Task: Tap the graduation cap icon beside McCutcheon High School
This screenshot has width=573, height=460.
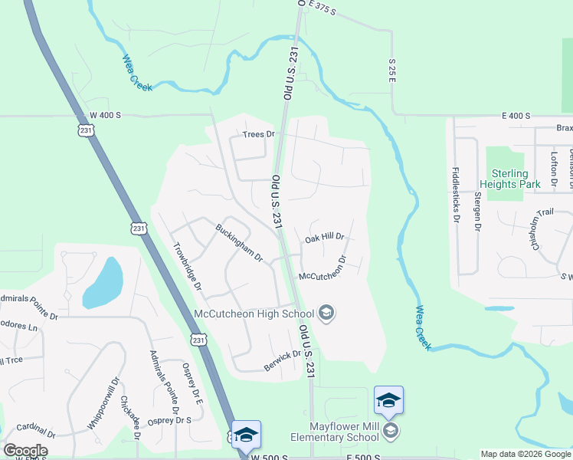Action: point(326,313)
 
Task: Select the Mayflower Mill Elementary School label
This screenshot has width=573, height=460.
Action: point(344,432)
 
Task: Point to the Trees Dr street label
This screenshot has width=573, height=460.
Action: point(258,134)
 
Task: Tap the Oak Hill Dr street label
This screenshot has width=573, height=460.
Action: point(325,238)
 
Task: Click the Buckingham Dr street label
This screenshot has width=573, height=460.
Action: point(239,242)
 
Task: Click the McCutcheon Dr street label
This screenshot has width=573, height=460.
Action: point(323,266)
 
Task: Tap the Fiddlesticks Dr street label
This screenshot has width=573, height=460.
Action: point(456,196)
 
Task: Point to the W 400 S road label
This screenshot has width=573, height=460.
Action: point(105,115)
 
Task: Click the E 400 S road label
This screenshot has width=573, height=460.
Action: point(516,116)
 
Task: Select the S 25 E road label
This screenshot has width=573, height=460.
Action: point(391,72)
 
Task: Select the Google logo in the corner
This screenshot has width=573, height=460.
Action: point(25,450)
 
